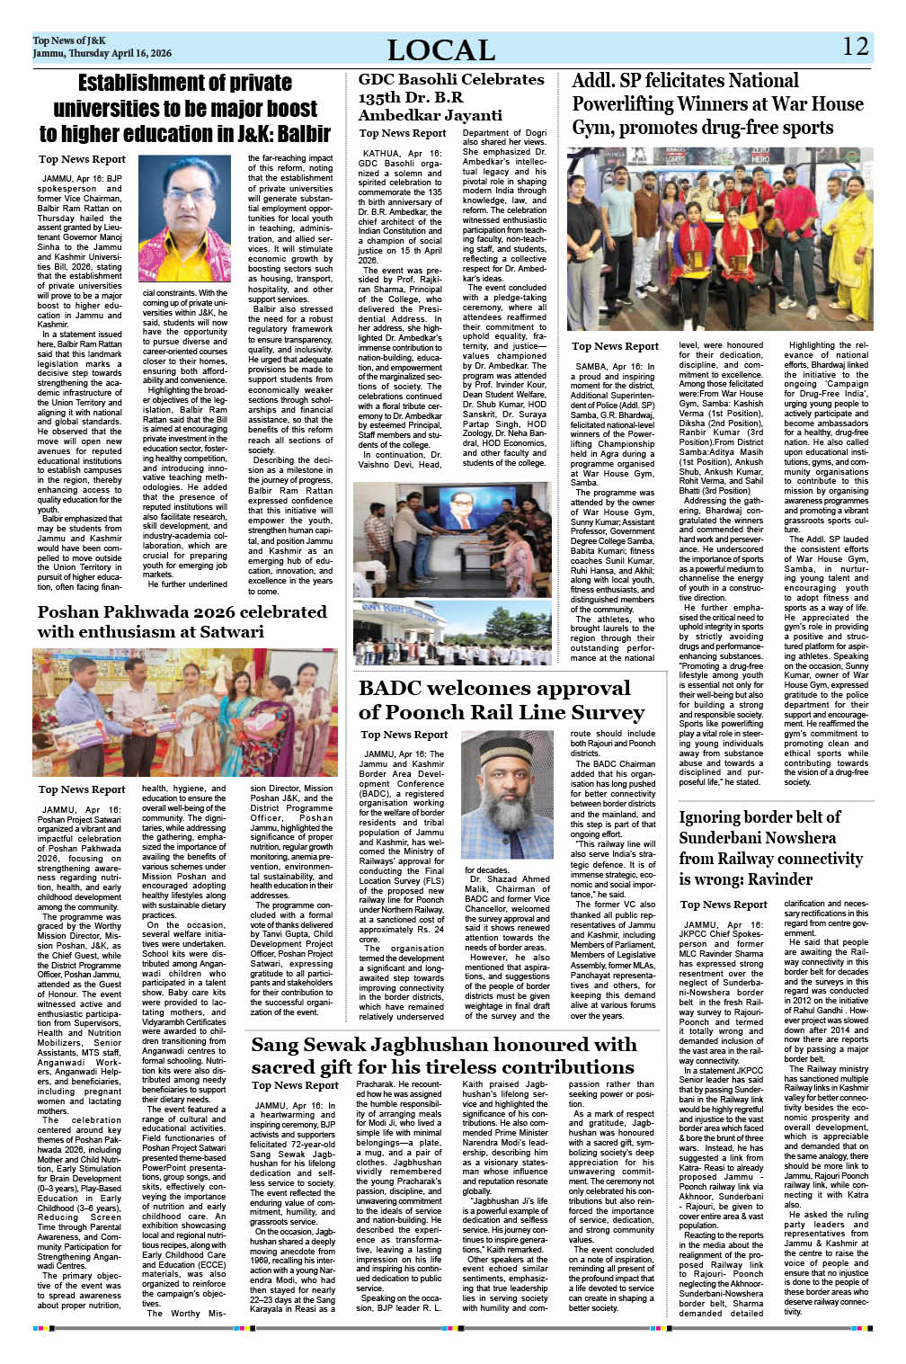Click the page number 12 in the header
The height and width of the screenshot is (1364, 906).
click(856, 47)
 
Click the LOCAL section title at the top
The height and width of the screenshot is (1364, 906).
click(441, 50)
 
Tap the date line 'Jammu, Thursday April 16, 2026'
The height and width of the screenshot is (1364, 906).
click(102, 54)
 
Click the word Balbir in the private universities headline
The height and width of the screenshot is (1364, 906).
click(303, 134)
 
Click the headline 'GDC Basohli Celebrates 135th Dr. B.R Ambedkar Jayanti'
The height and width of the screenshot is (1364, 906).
click(451, 97)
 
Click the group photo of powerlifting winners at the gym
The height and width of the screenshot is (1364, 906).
click(719, 239)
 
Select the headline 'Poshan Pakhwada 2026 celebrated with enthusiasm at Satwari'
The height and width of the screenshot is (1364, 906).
click(182, 621)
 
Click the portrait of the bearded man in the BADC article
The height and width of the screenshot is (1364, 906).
click(506, 795)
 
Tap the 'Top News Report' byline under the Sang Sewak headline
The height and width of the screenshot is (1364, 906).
click(296, 1085)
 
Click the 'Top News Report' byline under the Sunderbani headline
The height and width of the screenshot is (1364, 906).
click(724, 905)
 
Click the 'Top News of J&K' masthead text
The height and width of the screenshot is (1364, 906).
click(69, 40)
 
